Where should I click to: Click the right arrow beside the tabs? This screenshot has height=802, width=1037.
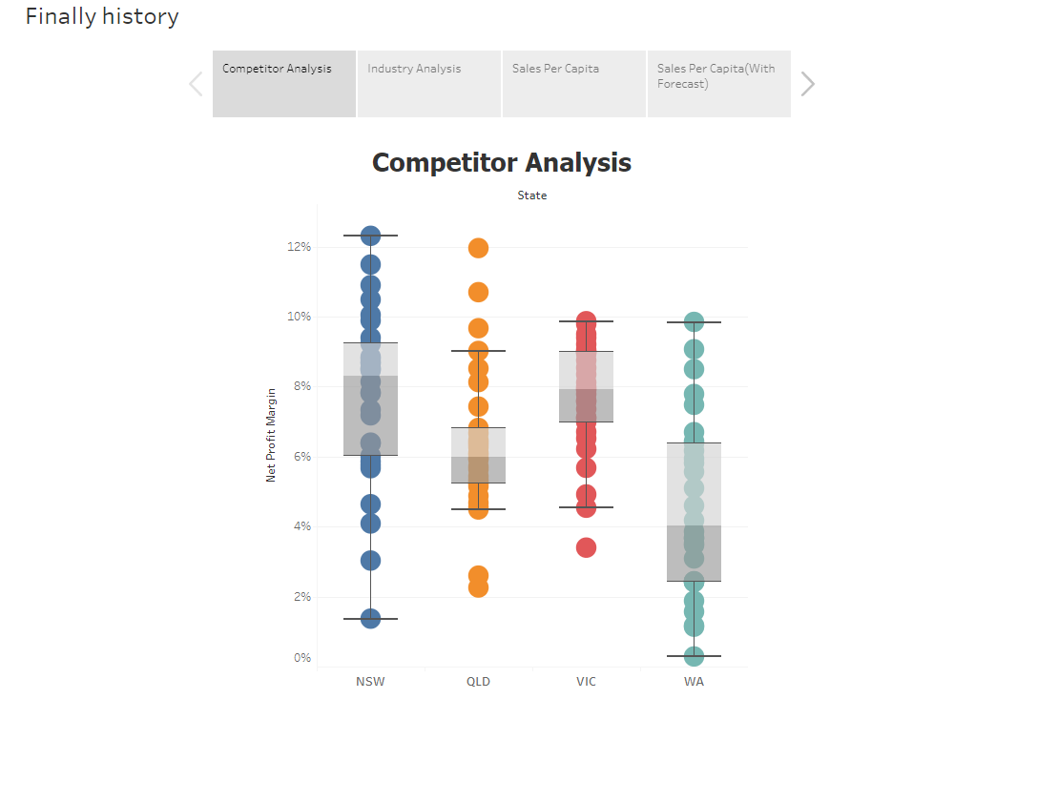pos(808,84)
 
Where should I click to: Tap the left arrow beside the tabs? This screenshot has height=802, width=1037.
pos(196,84)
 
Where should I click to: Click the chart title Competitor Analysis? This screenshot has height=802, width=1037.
pos(501,162)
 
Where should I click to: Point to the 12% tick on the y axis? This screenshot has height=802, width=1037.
pos(300,247)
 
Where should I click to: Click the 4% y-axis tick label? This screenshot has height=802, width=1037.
pos(301,526)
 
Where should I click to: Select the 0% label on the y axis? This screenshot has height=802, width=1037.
pos(301,658)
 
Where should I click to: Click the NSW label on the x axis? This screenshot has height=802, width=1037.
pos(370,682)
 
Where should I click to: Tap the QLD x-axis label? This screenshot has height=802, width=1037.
pos(478,682)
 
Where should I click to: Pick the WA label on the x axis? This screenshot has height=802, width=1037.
pos(694,682)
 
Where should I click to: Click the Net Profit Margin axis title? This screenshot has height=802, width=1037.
pos(271,434)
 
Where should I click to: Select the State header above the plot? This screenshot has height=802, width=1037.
pos(532,195)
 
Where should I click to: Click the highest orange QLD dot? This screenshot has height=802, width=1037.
pos(478,248)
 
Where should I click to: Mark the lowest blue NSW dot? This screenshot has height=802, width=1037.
pos(370,618)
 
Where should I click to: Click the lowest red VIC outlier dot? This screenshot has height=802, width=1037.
pos(586,547)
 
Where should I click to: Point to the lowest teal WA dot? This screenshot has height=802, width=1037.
pos(694,656)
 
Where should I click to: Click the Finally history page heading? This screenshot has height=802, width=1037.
pos(102,16)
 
